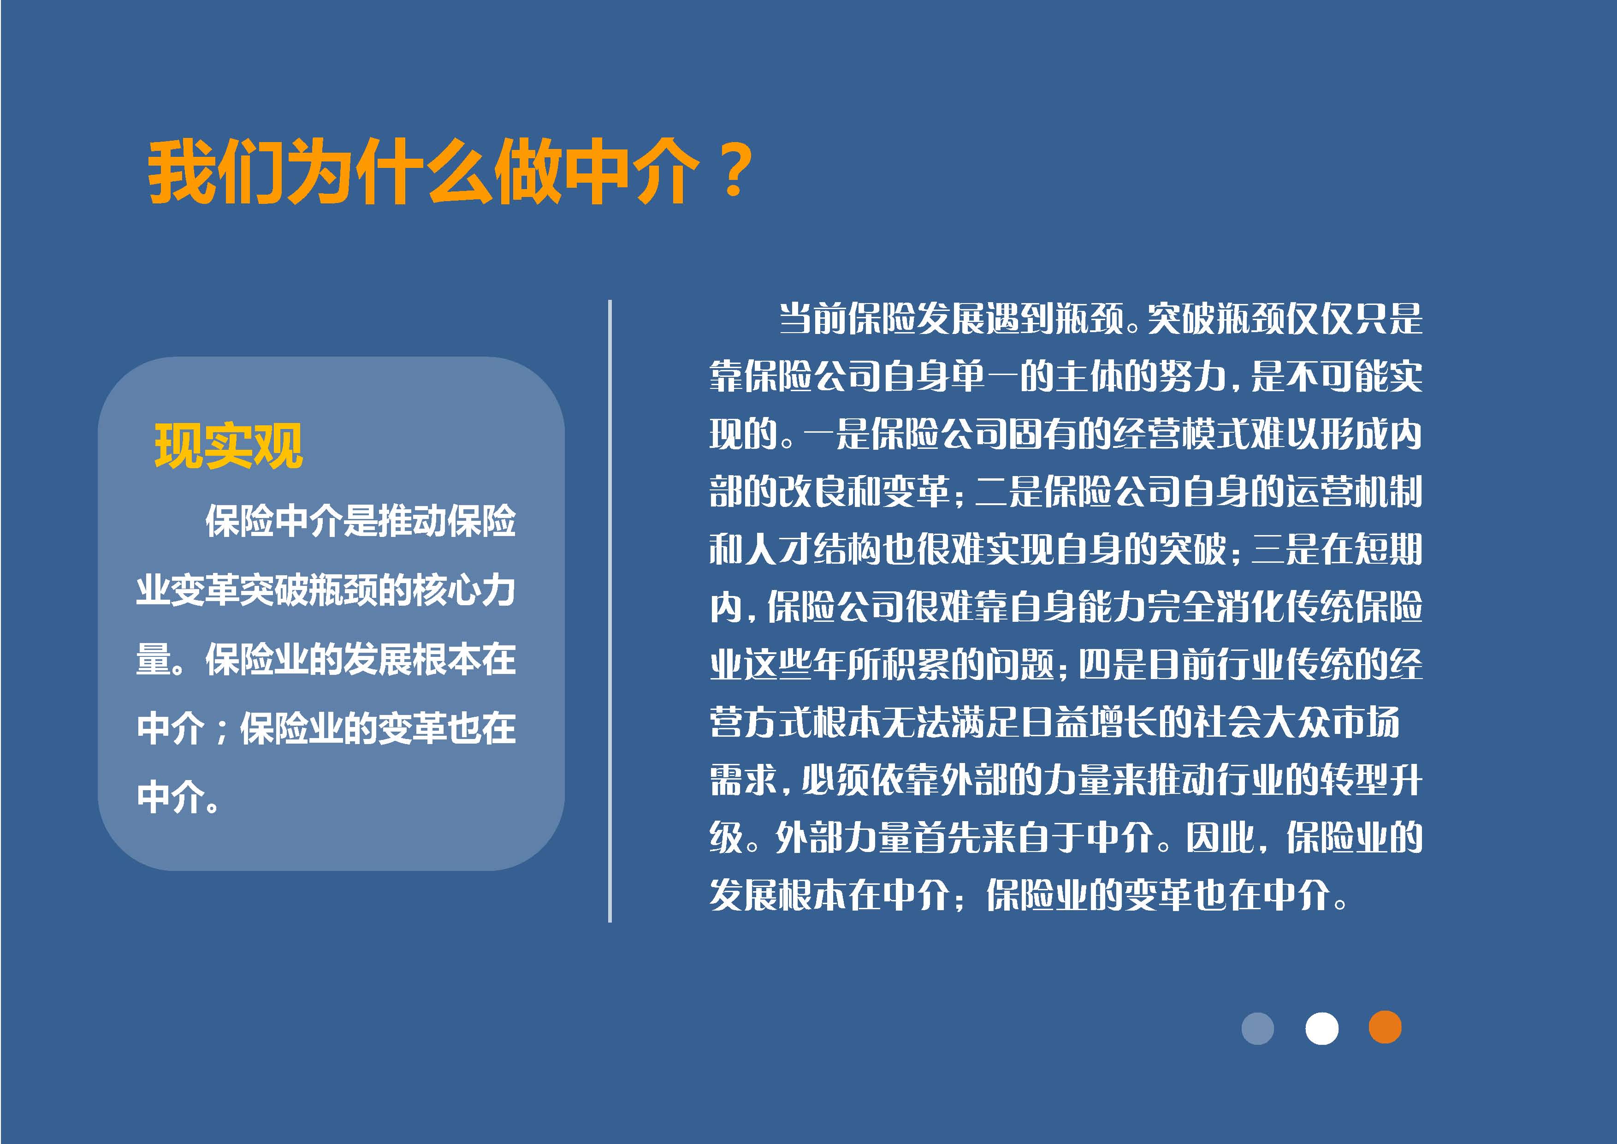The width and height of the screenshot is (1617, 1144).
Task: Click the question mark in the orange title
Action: click(x=734, y=171)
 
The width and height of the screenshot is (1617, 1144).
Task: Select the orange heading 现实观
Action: click(x=229, y=446)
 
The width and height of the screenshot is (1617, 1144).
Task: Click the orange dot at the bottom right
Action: click(x=1385, y=1027)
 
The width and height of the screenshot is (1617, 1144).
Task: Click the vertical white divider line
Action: click(x=610, y=611)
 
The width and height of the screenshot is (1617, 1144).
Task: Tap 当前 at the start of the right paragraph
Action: click(x=812, y=319)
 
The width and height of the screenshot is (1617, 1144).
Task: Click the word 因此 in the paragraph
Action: click(x=1220, y=838)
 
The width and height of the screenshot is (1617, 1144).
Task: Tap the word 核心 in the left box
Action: click(x=447, y=590)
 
